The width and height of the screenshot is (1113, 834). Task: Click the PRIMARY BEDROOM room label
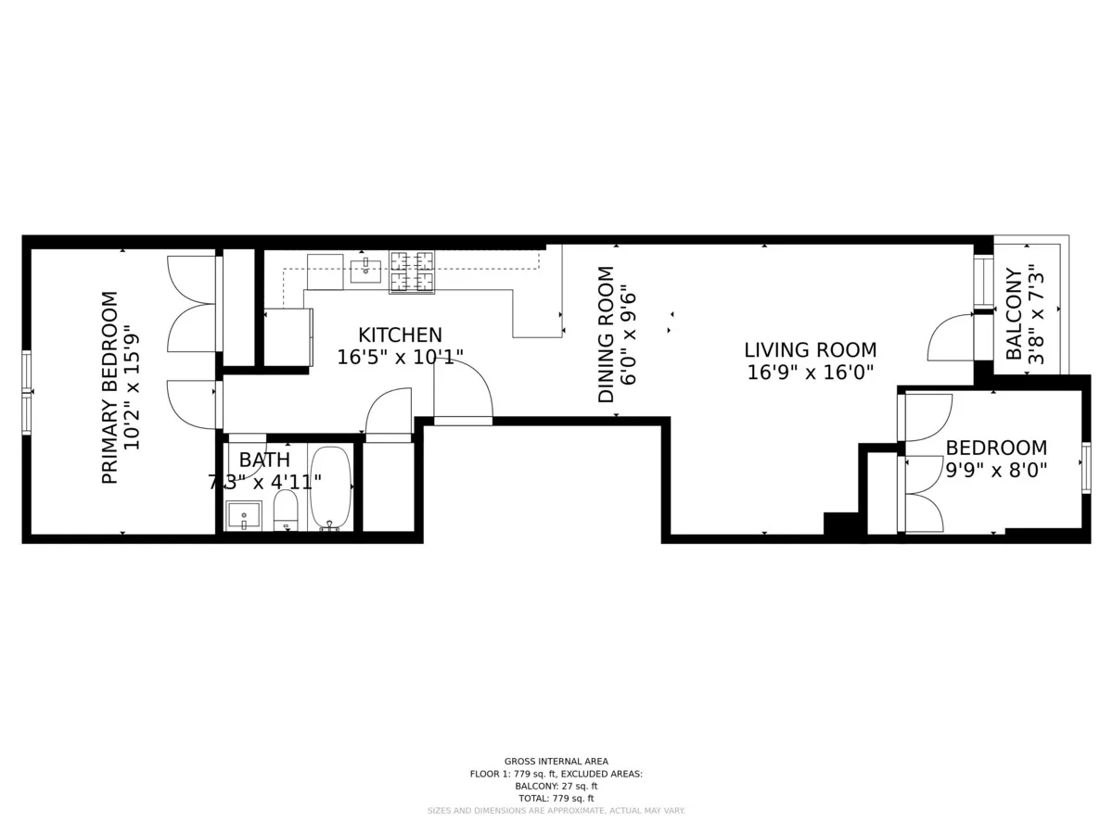click(109, 387)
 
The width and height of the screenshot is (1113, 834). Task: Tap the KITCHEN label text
click(400, 335)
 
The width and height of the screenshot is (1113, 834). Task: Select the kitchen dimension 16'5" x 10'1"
click(400, 358)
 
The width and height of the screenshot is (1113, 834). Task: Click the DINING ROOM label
click(606, 335)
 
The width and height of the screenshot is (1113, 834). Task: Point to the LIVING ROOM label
click(810, 350)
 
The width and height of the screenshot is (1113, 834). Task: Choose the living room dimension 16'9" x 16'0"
click(810, 373)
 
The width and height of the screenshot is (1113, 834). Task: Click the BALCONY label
click(1014, 314)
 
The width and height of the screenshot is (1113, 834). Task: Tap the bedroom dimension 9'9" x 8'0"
click(996, 470)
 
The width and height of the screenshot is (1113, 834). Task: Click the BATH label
click(264, 460)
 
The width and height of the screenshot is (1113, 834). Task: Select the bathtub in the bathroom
click(330, 487)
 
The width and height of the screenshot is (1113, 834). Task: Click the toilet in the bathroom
click(286, 511)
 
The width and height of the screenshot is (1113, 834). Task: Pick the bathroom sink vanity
click(244, 515)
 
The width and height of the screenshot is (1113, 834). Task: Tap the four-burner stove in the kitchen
click(412, 272)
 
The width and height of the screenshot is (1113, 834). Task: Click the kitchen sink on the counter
click(365, 271)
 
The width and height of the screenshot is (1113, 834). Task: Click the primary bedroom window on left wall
click(27, 393)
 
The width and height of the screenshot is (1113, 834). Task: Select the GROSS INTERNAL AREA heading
click(556, 761)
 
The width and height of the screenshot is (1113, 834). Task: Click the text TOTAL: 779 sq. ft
click(556, 798)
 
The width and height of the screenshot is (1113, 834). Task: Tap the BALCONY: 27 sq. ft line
click(556, 786)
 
